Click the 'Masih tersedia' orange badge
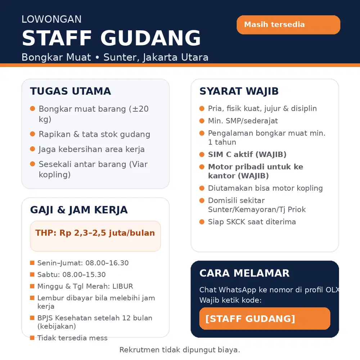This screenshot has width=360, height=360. pos(288,25)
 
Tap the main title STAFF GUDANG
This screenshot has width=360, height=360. pos(111,38)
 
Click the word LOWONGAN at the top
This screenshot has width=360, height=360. pos(51,19)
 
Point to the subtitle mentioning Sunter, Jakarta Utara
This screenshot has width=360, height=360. pos(115,57)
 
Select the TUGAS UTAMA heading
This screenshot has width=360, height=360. pos(70,91)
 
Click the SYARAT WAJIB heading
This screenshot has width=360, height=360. pos(239,91)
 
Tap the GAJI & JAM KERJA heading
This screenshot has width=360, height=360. pos(78,210)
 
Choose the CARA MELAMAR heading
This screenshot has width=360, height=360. pos(244,273)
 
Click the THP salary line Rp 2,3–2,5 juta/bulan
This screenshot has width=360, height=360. pos(95,233)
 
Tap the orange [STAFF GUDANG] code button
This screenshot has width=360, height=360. pos(265,319)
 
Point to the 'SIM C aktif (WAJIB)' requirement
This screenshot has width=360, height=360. pos(247,154)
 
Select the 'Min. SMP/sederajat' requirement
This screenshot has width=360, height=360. pos(243,121)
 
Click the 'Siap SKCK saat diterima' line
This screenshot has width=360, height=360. pos(252,222)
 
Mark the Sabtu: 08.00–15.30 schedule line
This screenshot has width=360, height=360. pos(71,275)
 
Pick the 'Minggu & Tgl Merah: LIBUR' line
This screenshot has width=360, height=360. pos(85,287)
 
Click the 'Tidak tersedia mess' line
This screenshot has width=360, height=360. pos(72,338)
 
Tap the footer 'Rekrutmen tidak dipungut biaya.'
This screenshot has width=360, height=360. pos(180,350)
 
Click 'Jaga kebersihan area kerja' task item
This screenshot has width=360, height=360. pos(91,149)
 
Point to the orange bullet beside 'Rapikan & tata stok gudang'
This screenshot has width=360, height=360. pos(32,134)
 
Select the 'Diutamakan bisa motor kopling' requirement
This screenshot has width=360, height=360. pos(265,188)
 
